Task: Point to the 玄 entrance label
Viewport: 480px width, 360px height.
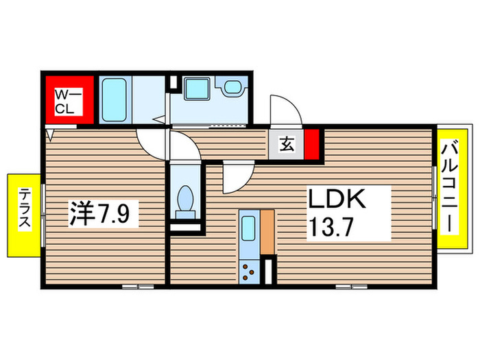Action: coord(287,144)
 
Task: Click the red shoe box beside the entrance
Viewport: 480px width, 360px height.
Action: coord(313,145)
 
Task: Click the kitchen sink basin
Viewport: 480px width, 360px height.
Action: coord(248,226)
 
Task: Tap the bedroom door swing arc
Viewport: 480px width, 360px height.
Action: coord(151,145)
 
